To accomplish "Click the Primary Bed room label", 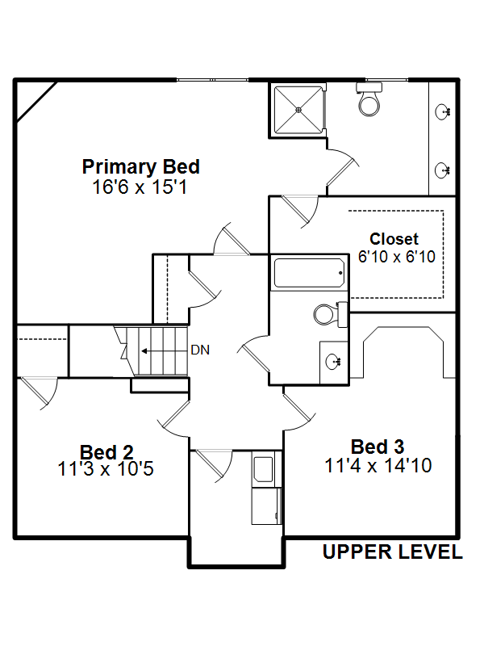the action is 140,167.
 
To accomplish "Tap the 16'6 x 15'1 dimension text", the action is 140,187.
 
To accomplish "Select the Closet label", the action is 394,239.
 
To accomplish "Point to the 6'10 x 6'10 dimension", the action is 396,257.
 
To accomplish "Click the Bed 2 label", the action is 106,452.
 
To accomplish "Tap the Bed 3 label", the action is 378,447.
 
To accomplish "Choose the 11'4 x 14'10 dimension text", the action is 378,466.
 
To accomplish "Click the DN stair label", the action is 200,350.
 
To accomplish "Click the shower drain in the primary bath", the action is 298,110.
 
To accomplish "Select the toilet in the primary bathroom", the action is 369,99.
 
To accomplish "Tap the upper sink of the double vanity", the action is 443,111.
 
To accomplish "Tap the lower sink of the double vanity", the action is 443,170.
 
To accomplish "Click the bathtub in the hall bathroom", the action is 309,273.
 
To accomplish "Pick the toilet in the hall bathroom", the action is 330,314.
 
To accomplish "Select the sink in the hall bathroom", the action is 332,362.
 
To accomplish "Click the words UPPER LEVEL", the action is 392,552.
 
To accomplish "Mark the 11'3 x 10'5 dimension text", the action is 106,469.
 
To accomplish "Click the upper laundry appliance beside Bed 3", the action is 264,469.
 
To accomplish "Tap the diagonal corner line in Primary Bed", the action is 36,102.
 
